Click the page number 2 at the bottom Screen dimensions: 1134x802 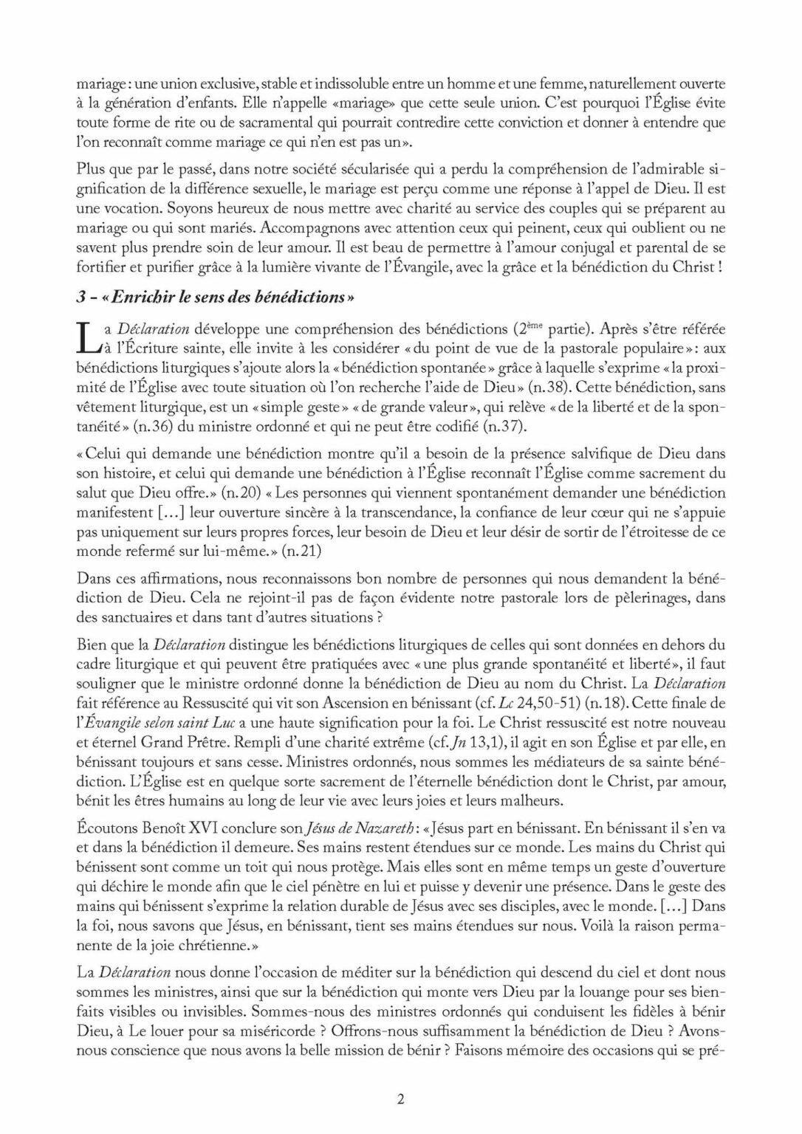400,1098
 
